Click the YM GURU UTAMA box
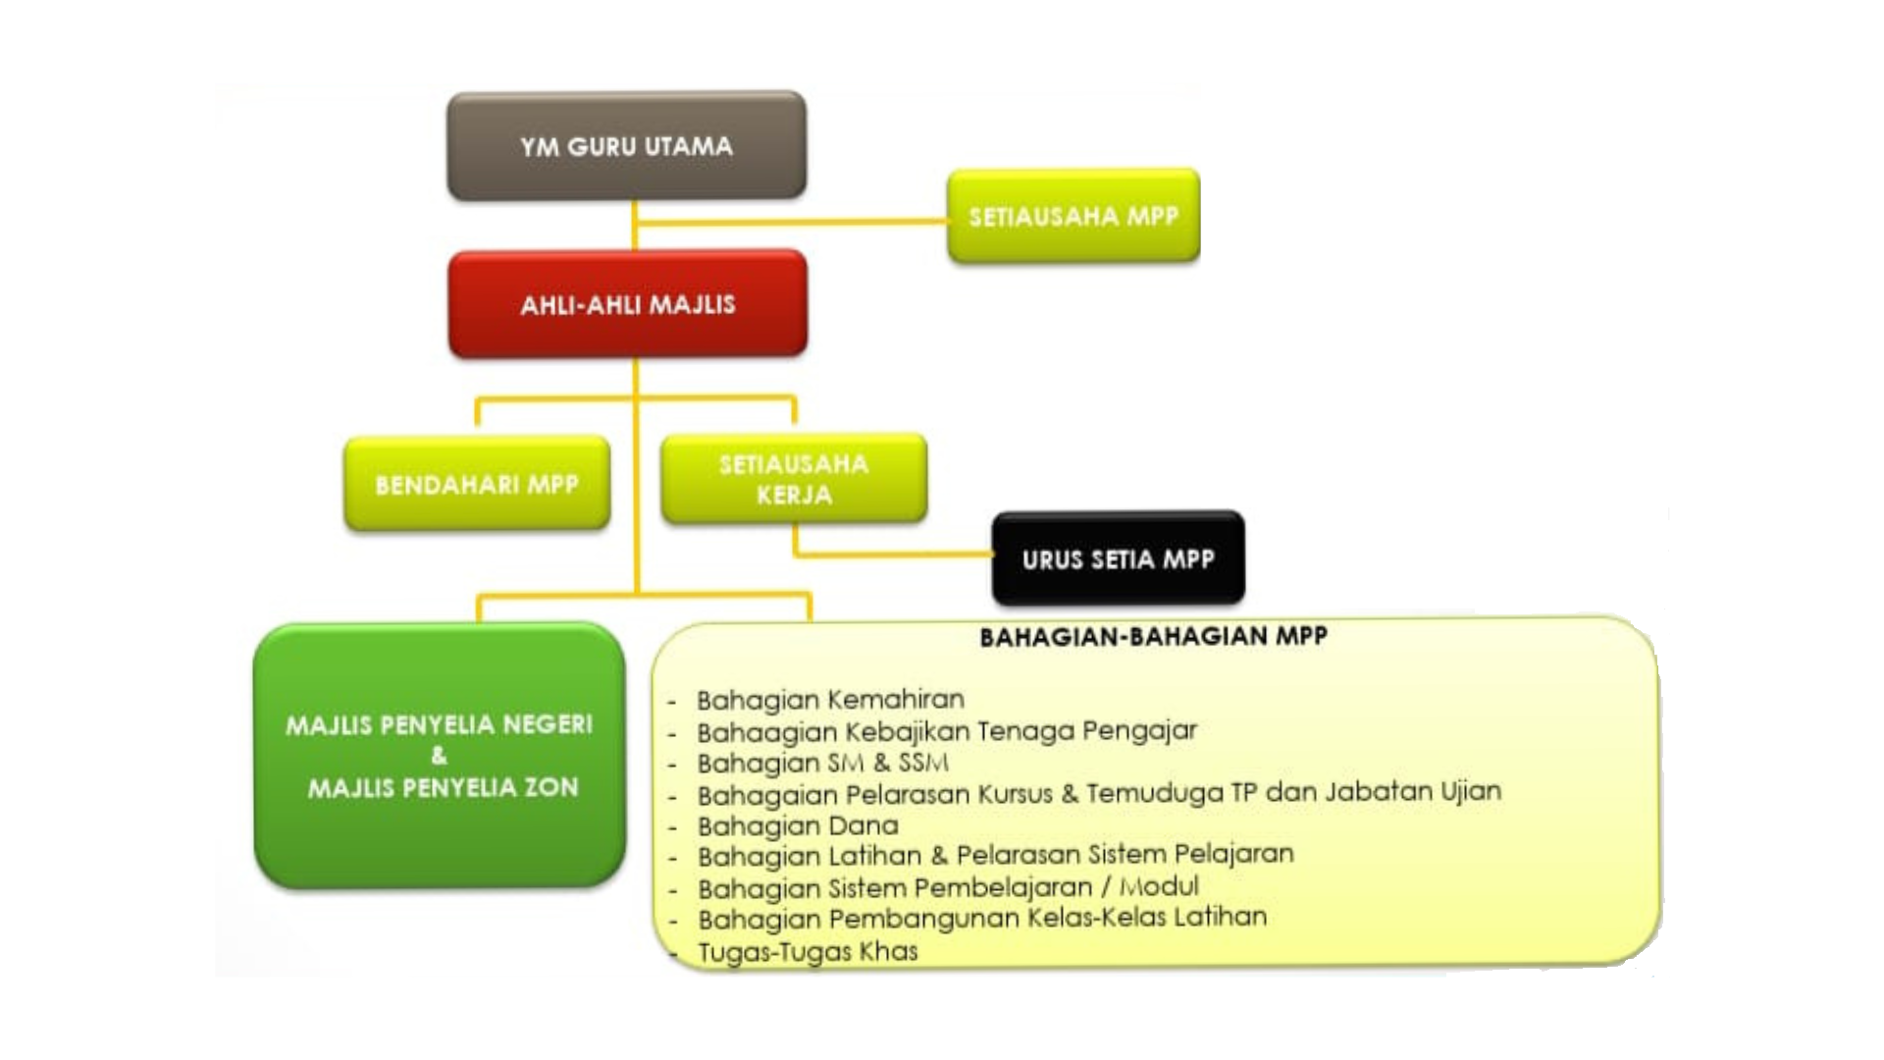coord(626,146)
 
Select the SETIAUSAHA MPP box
coord(1073,216)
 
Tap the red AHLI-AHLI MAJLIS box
coord(628,304)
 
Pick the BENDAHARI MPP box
coord(477,484)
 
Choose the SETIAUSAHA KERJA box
coord(794,479)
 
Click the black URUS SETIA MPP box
coord(1118,559)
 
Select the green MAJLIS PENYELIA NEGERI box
coord(440,756)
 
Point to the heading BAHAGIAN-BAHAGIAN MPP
coord(1153,637)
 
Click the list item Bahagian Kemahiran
coord(830,700)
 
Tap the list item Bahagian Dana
coord(798,825)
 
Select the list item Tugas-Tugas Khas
coord(808,951)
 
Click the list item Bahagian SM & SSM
coord(822,763)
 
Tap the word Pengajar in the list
coord(1140,731)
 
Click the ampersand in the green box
coord(439,756)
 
